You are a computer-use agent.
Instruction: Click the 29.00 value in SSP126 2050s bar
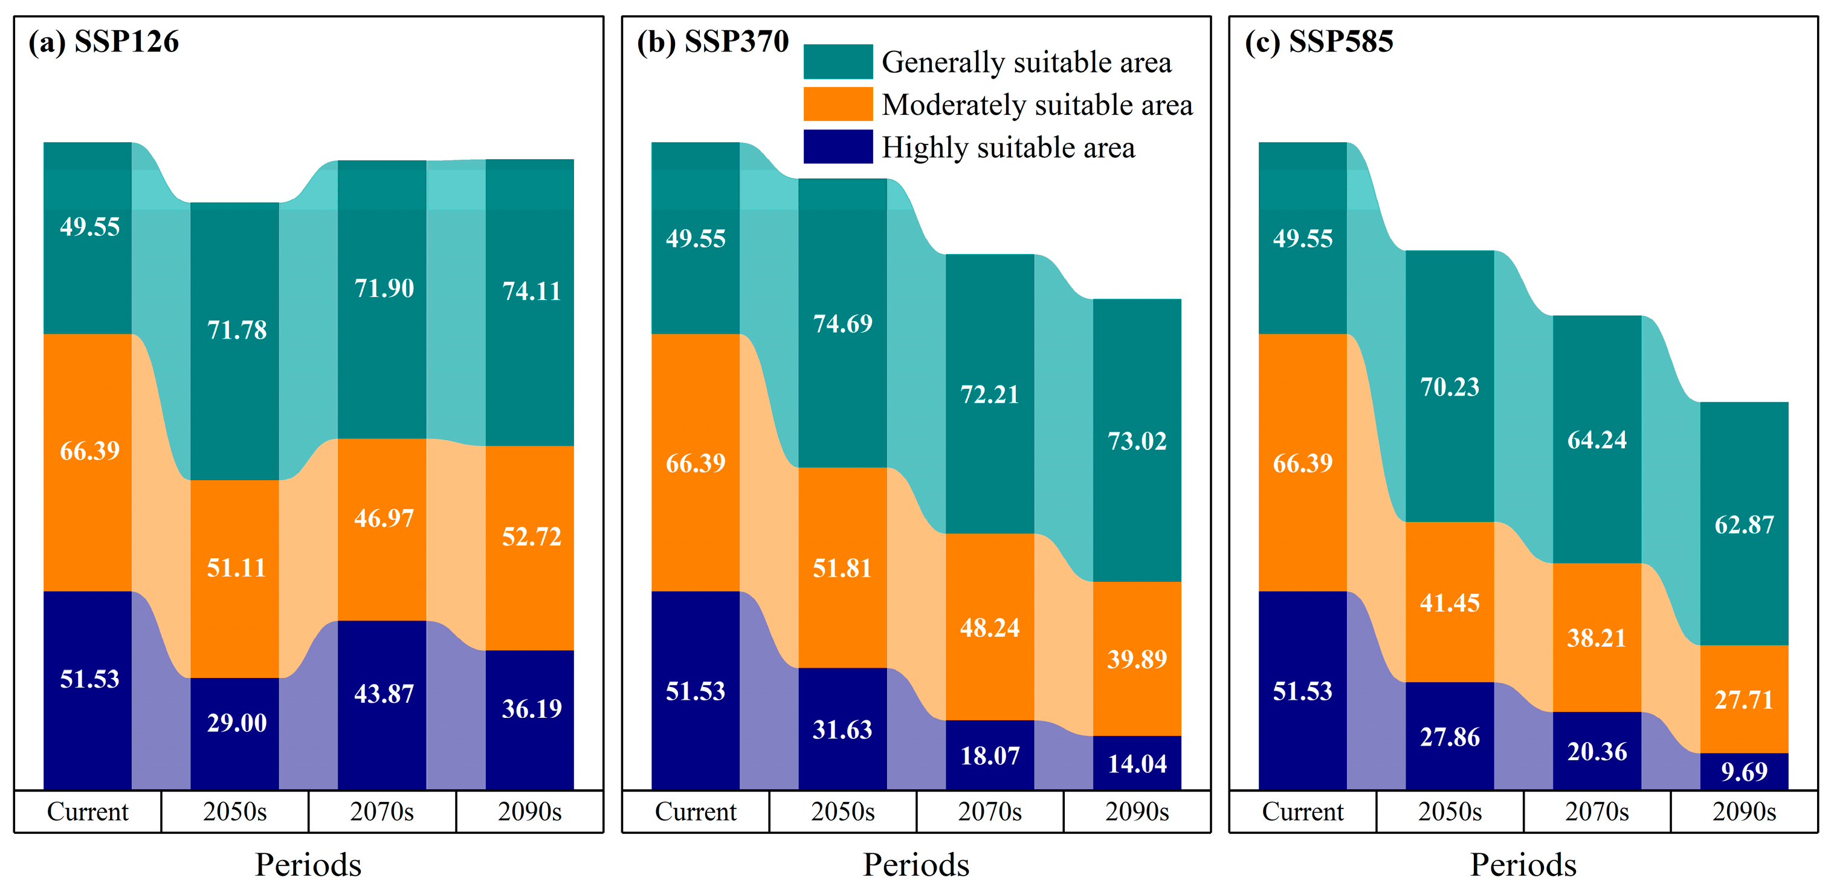pos(237,723)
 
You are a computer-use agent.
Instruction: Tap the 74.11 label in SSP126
pos(531,291)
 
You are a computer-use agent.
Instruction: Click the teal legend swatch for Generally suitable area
pos(838,61)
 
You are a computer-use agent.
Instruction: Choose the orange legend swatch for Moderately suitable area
pos(838,104)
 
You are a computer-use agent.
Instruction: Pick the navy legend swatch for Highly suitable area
pos(838,146)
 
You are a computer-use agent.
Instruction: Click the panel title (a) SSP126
pos(104,42)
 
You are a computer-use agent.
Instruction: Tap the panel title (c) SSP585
pos(1319,42)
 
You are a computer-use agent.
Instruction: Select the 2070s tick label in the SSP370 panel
pos(989,812)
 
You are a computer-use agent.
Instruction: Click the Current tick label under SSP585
pos(1302,812)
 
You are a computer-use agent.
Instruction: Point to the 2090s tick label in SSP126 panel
pos(529,812)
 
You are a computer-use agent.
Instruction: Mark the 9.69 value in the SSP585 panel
pos(1743,772)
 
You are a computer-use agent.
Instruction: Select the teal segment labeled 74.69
pos(842,324)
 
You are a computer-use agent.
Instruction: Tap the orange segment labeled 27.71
pos(1743,700)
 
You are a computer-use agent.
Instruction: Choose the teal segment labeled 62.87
pos(1743,525)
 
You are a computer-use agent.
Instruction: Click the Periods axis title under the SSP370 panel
pos(915,865)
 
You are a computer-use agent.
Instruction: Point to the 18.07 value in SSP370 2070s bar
pos(989,755)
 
